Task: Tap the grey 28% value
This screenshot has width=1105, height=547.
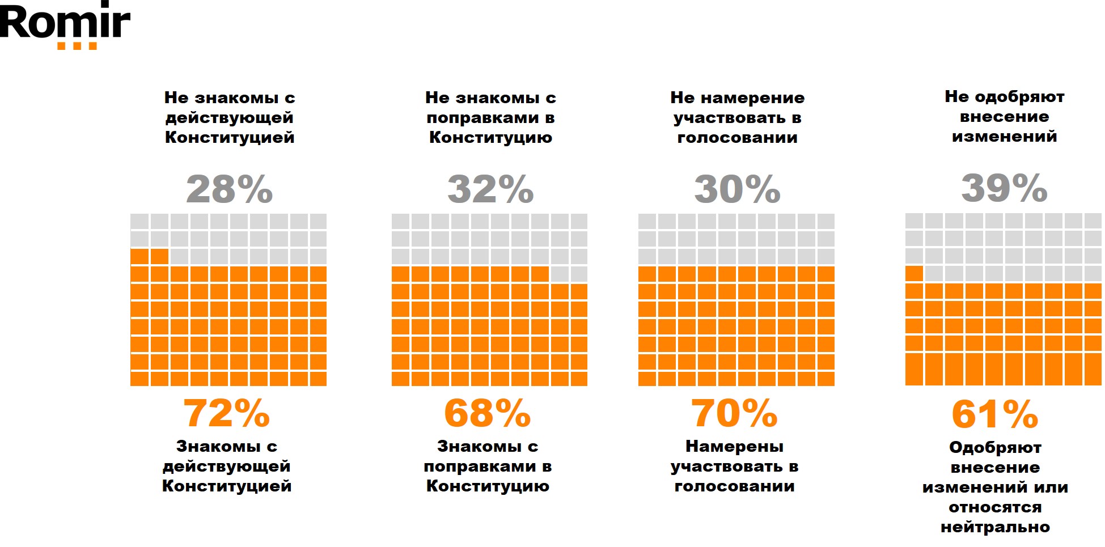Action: (230, 189)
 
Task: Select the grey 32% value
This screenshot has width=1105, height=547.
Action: (490, 189)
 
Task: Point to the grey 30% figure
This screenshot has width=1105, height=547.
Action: (737, 189)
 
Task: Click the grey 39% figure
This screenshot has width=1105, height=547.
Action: (1004, 188)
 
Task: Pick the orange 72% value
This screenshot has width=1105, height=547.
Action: (227, 413)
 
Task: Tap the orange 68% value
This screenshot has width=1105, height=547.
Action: (488, 413)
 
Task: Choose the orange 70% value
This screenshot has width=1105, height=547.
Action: (734, 413)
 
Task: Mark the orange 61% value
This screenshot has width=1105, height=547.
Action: (995, 414)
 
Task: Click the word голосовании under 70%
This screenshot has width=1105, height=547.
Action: (734, 486)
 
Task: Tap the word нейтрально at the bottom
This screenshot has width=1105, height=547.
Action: (995, 527)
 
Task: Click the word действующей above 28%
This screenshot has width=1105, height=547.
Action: (230, 118)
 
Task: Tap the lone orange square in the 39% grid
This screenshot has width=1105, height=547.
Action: (914, 273)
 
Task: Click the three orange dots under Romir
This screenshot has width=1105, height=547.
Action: (77, 46)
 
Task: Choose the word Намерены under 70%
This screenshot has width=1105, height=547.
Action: (734, 447)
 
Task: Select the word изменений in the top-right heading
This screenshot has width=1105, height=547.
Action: (1004, 137)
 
